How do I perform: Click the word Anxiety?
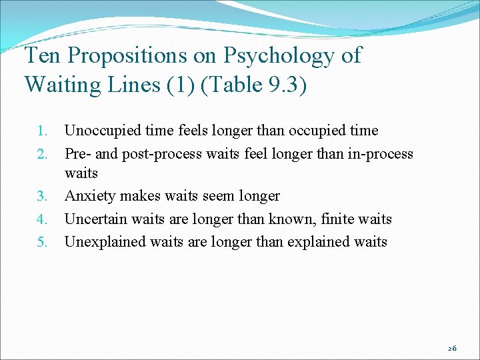[x=88, y=196]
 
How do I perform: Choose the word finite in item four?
[x=338, y=219]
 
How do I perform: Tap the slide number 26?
[x=451, y=347]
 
